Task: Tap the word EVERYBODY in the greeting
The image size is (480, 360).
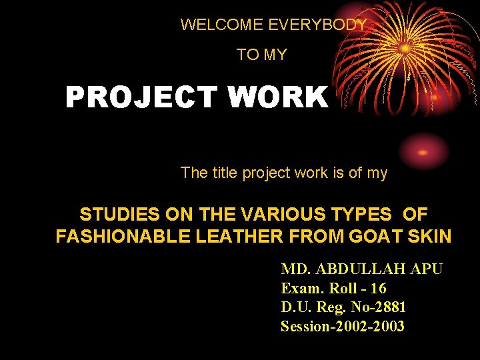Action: click(317, 25)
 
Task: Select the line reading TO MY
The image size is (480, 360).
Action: click(261, 55)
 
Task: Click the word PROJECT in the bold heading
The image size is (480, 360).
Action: click(141, 98)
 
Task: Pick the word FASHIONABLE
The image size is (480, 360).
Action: click(118, 237)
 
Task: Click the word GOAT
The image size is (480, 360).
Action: click(371, 237)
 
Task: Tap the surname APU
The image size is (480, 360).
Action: click(426, 269)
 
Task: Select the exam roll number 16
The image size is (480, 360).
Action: click(378, 289)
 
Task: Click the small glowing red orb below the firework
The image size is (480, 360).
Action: click(423, 152)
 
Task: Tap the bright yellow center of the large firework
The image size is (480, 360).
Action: click(405, 48)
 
